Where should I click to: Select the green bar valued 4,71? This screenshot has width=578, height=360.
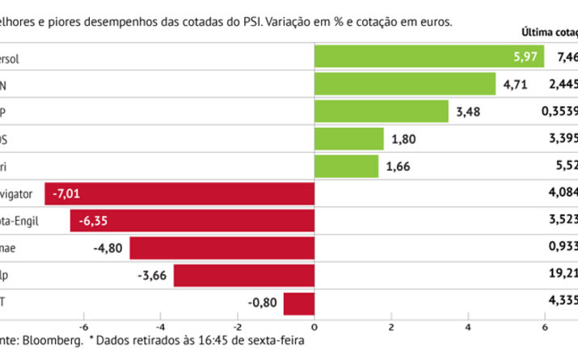(x=404, y=84)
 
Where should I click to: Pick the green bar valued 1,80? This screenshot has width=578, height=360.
(x=348, y=139)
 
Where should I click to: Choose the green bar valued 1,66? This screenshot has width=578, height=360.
(x=346, y=167)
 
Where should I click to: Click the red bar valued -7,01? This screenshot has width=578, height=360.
(x=179, y=194)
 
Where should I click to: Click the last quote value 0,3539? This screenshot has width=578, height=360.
(x=559, y=112)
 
